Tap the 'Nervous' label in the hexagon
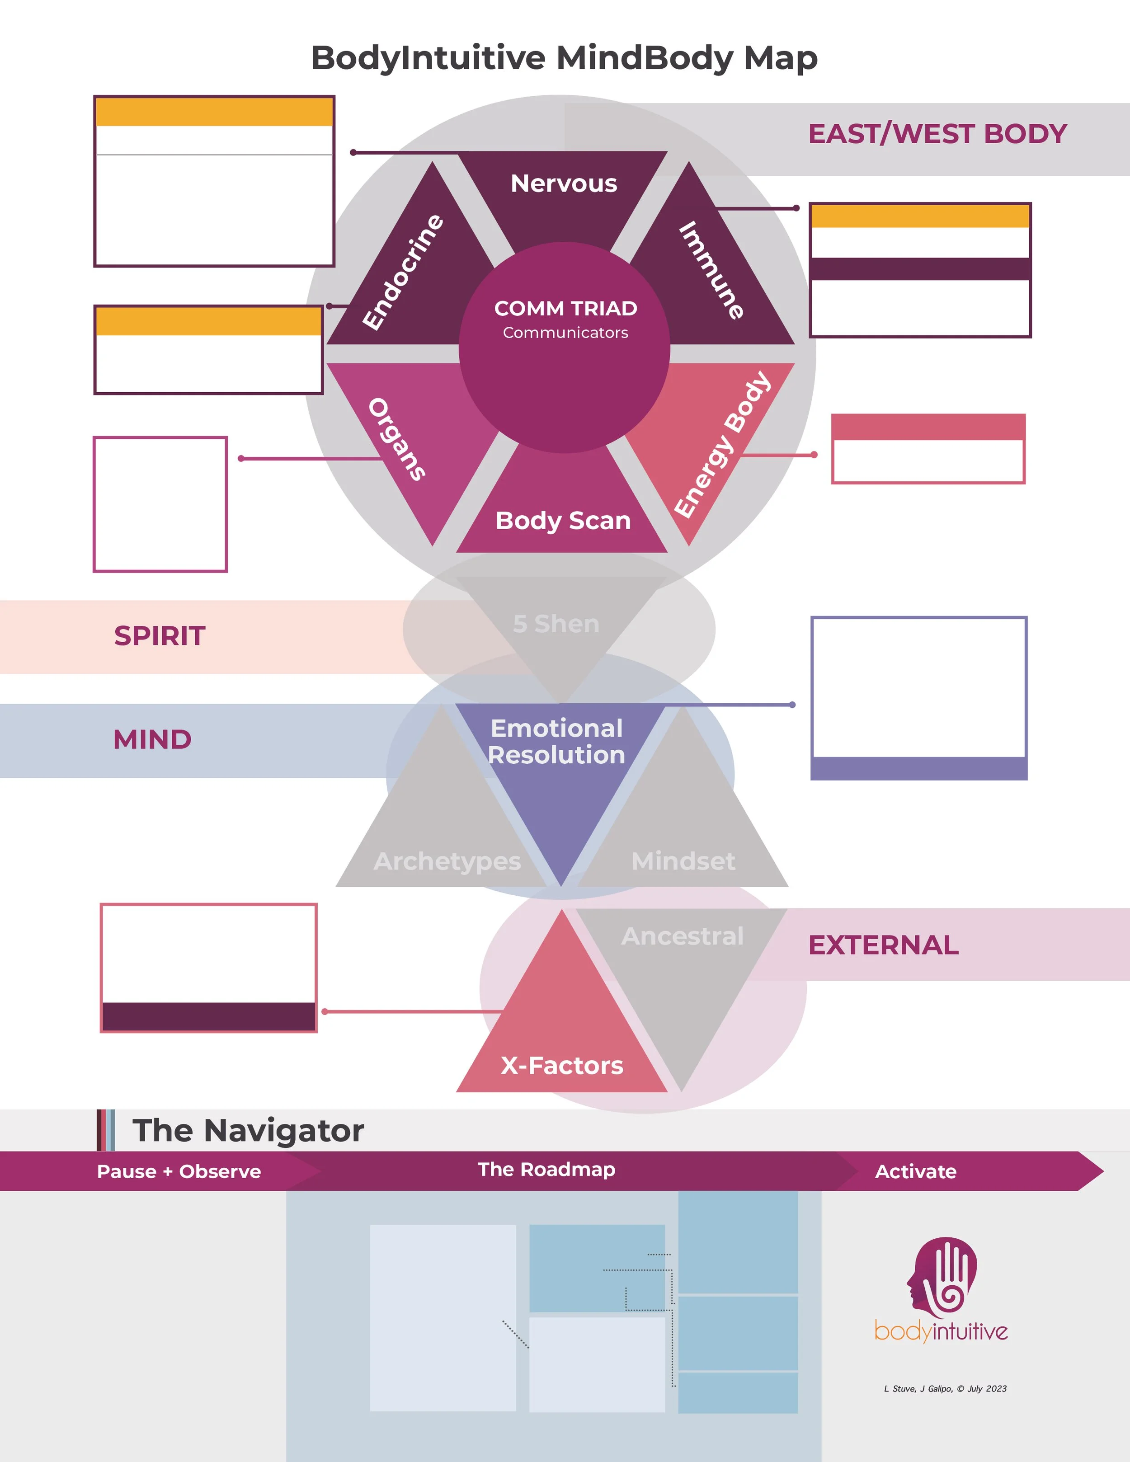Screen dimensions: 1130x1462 point(564,183)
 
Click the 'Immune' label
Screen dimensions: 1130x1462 point(711,270)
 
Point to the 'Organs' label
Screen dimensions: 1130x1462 point(397,439)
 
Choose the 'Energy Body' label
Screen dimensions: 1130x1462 point(722,445)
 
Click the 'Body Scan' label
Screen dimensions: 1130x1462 point(563,520)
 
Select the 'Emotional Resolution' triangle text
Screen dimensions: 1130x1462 point(556,742)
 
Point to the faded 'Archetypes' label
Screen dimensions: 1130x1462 point(447,861)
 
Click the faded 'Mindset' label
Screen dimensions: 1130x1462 point(683,861)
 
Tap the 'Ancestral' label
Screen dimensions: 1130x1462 point(682,936)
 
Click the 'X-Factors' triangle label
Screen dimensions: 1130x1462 point(562,1065)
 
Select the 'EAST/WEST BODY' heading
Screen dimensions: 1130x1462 point(937,134)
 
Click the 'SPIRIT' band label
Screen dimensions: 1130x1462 point(159,636)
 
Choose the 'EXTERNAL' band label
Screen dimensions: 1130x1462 point(883,945)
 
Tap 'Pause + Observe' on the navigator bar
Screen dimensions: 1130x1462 point(179,1171)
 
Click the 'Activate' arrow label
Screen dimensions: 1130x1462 point(915,1171)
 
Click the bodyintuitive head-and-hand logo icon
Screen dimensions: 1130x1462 point(941,1276)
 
